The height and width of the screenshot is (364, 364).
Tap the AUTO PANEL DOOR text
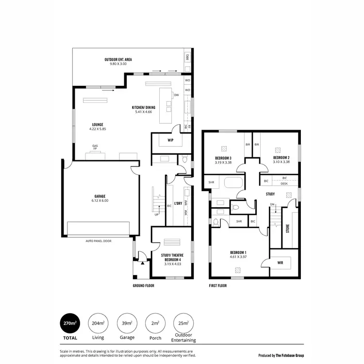tap(98, 241)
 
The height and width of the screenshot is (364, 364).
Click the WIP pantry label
tap(170, 140)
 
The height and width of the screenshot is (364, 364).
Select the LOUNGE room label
tap(97, 124)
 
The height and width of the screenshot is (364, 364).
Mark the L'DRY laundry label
tap(178, 204)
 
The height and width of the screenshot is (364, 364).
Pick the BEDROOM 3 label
tap(223, 158)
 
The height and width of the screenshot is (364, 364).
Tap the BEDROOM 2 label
tap(281, 158)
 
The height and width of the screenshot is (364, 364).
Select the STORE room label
tap(288, 228)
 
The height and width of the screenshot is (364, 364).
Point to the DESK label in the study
tap(284, 184)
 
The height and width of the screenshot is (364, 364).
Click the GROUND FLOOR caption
tap(143, 286)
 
